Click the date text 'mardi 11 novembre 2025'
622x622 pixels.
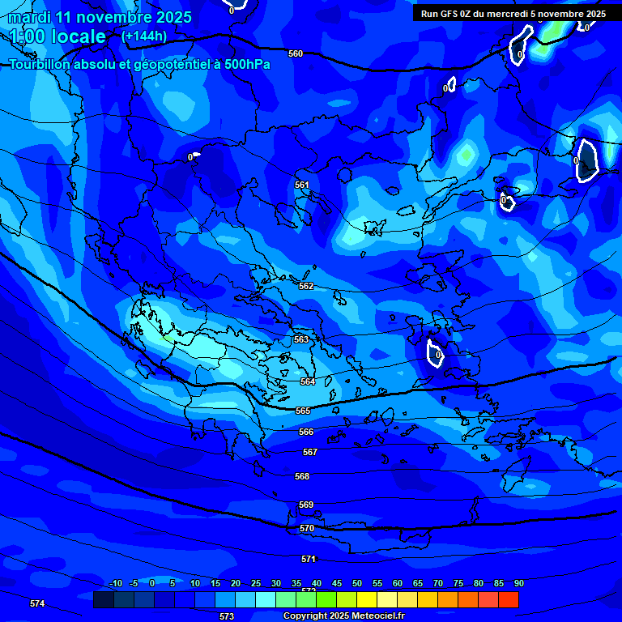point(100,17)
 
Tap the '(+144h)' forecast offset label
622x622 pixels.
point(144,36)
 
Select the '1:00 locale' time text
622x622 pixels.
point(58,36)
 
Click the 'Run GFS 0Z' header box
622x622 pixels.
point(513,13)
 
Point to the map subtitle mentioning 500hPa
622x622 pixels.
point(139,64)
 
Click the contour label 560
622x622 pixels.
point(296,53)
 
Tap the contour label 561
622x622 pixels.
point(302,185)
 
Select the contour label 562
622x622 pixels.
point(306,286)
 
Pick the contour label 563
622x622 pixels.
point(301,339)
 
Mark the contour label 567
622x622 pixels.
point(310,452)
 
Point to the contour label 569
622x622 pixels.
point(306,505)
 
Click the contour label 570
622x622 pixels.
point(307,528)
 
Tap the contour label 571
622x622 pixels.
point(309,559)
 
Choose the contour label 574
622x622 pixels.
point(37,603)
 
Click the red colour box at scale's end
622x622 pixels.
point(509,599)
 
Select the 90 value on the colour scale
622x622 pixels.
point(518,583)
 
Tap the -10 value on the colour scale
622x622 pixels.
point(115,583)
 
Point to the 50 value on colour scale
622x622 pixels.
point(357,583)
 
